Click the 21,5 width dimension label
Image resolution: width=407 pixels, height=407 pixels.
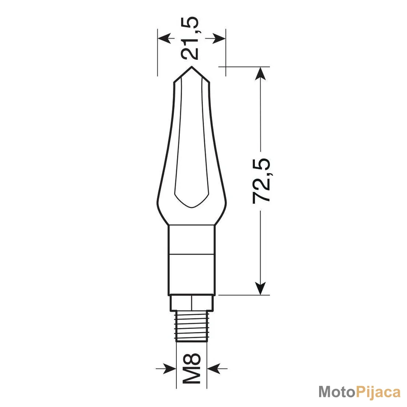pos(190,38)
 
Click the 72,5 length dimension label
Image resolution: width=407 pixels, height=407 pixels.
pos(261,181)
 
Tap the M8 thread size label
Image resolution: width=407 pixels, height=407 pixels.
pos(192,368)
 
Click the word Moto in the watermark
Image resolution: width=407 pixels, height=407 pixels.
pos(336,392)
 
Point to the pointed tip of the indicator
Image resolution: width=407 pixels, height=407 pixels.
pos(192,67)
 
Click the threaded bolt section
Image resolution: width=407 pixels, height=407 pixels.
pos(192,326)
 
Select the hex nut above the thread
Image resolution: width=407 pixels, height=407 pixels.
pos(192,303)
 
